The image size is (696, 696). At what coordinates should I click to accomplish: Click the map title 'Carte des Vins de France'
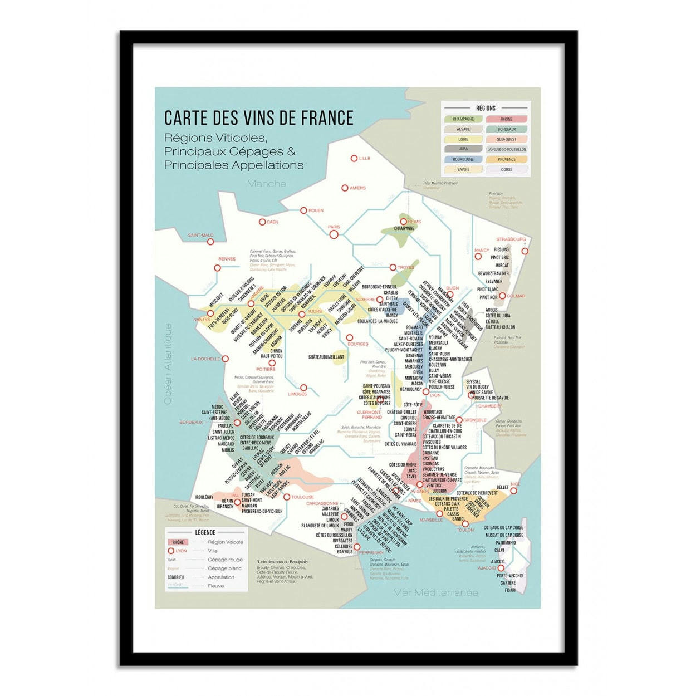[x=258, y=118]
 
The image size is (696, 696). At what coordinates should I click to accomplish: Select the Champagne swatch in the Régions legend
[x=463, y=119]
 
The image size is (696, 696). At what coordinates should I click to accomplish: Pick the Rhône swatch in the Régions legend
[x=507, y=119]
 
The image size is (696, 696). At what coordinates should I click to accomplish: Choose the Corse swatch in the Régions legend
[x=507, y=169]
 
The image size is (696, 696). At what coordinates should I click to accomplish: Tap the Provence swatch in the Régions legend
[x=507, y=159]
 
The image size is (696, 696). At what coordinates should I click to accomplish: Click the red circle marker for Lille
[x=354, y=159]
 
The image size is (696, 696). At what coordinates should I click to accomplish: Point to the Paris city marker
[x=334, y=234]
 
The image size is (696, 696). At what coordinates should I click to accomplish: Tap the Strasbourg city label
[x=511, y=239]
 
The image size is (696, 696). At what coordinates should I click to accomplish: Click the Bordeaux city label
[x=191, y=423]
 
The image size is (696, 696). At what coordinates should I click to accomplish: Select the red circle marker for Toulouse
[x=287, y=497]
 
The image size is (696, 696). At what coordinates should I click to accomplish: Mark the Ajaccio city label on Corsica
[x=486, y=568]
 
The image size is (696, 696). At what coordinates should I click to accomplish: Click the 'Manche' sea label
[x=267, y=184]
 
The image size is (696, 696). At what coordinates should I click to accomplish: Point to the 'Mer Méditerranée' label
[x=435, y=592]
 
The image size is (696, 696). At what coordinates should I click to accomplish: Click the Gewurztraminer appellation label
[x=493, y=273]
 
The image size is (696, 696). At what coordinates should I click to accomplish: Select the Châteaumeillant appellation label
[x=326, y=356]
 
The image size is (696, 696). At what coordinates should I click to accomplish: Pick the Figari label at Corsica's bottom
[x=510, y=590]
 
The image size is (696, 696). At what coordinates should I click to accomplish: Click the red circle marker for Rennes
[x=218, y=268]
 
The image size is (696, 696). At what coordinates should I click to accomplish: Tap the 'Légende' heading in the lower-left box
[x=205, y=532]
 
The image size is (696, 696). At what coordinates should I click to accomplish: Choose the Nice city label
[x=516, y=484]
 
